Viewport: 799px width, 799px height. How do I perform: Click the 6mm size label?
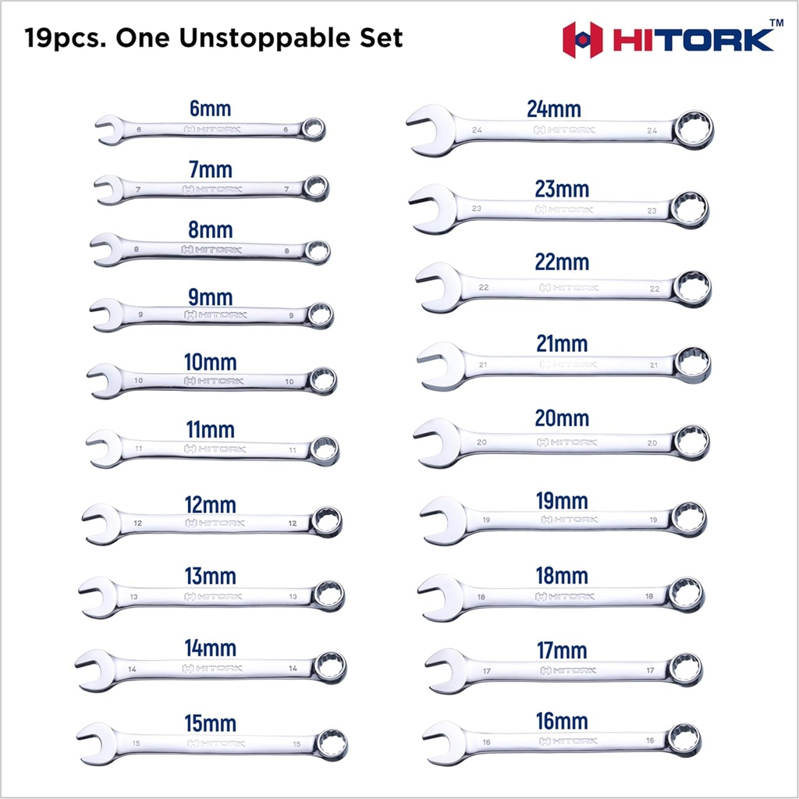point(210,108)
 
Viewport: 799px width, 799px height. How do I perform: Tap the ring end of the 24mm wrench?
point(693,129)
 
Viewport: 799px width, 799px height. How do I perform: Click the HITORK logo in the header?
point(669,39)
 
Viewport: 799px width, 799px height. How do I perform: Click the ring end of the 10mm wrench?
point(322,380)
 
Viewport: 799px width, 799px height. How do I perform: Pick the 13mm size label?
point(210,577)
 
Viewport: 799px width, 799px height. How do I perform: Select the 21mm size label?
point(562,343)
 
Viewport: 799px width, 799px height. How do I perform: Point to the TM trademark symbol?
point(776,22)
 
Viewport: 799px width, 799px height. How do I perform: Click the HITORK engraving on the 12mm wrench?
point(215,522)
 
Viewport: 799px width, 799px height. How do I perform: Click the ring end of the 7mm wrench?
point(316,188)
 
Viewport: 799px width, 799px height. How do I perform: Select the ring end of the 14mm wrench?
point(330,667)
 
